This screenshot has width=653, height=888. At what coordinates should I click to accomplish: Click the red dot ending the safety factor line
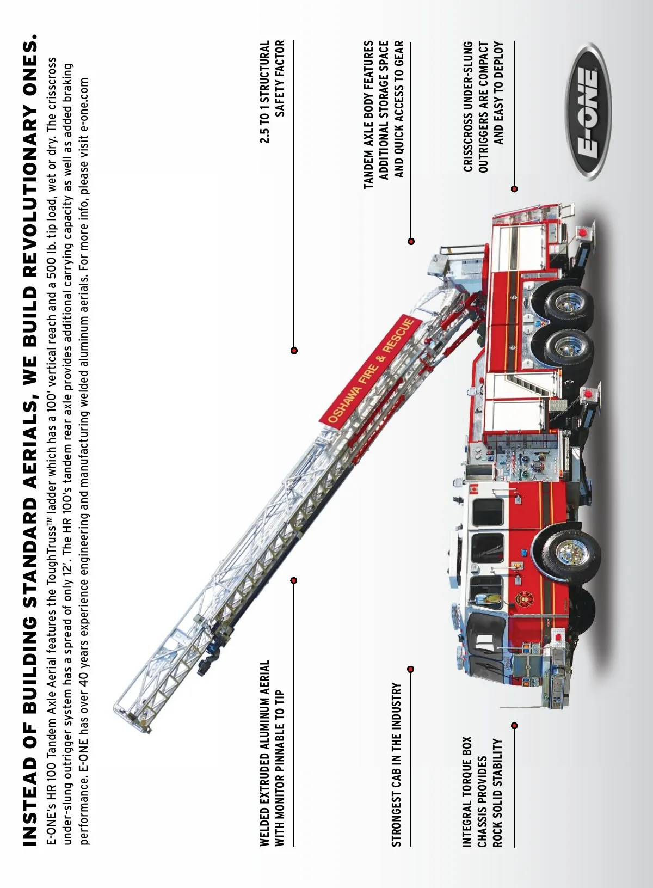(294, 350)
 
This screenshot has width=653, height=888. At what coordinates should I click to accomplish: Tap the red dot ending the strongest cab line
(411, 669)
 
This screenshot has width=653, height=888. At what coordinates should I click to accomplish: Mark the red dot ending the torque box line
(514, 725)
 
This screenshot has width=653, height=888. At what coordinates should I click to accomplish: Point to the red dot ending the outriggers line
(514, 189)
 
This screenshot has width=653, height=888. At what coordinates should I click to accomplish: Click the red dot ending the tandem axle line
(411, 241)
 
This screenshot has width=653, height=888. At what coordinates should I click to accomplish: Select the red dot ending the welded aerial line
(294, 580)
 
